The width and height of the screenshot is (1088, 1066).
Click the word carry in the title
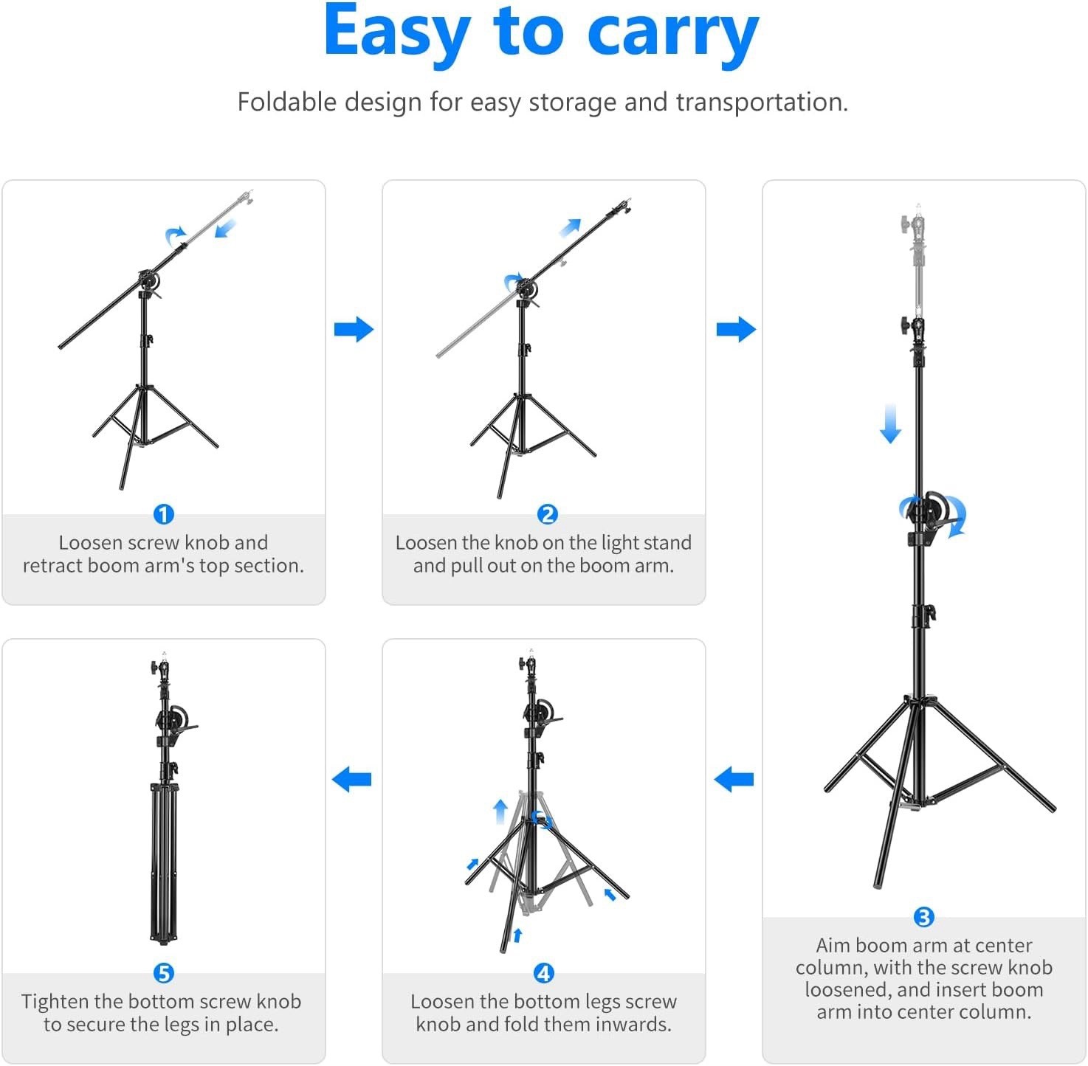672,33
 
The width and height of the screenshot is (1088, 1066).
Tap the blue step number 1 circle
163,514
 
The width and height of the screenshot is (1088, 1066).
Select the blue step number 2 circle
547,514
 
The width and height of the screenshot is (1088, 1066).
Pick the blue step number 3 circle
923,917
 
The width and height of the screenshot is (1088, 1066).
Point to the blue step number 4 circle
543,973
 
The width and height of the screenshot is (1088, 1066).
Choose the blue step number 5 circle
163,973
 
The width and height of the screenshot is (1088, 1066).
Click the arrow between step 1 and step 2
354,329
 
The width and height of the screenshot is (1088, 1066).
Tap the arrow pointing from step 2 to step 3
736,329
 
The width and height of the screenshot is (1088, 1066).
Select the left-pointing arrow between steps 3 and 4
734,779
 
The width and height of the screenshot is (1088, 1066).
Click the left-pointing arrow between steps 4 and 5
351,779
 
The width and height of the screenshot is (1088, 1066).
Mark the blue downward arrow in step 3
890,423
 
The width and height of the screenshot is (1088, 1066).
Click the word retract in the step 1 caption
52,566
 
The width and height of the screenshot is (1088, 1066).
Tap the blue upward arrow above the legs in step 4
500,811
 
